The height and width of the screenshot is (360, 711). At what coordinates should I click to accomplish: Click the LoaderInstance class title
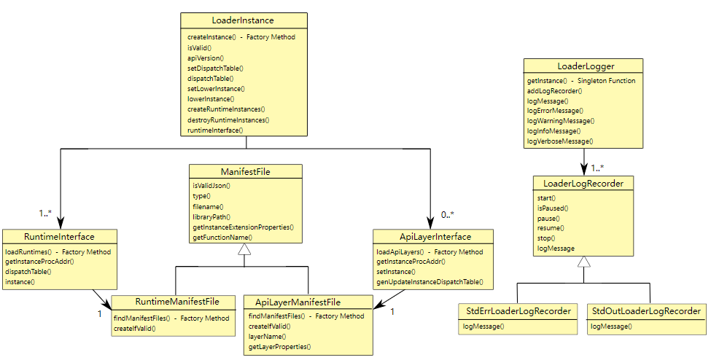point(243,20)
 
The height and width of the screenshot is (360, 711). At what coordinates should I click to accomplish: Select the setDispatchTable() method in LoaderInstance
point(215,69)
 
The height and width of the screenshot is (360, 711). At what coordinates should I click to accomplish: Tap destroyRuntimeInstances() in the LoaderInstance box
point(228,120)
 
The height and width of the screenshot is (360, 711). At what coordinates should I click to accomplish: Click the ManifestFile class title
point(245,172)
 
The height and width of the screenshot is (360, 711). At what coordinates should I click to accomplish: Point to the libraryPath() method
point(211,217)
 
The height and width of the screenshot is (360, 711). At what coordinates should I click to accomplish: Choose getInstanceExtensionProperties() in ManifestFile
point(243,227)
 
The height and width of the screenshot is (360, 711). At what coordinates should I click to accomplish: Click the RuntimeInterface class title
point(59,237)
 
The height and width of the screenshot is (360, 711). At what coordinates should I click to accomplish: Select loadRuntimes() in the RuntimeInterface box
point(28,252)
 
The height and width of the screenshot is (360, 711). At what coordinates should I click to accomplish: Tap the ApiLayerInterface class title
point(435,237)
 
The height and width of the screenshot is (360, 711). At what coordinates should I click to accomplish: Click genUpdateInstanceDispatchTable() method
point(430,282)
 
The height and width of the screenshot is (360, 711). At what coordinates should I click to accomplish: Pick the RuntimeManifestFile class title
point(177,302)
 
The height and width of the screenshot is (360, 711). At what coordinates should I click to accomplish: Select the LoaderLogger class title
point(586,66)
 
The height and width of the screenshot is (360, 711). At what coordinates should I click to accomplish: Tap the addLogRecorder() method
point(554,90)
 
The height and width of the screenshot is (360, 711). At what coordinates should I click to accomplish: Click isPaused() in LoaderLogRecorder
point(553,208)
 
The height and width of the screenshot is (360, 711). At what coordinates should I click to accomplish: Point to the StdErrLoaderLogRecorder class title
point(518,311)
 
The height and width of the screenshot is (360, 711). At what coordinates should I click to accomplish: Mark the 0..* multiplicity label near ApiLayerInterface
point(448,215)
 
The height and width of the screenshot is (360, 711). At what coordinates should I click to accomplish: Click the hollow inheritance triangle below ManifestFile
point(244,249)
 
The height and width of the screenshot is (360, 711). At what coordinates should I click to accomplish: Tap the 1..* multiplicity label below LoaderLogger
point(597,168)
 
